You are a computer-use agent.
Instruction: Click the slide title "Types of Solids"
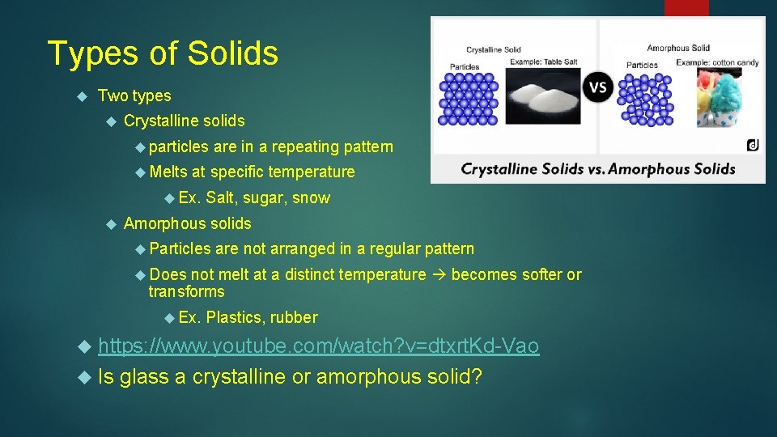coord(163,53)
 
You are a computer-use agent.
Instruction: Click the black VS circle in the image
coord(599,87)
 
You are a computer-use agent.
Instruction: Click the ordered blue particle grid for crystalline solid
coord(468,98)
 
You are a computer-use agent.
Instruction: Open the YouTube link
coord(318,346)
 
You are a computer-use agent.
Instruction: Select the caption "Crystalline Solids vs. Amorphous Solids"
coord(597,168)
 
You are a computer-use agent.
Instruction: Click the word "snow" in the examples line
coord(311,197)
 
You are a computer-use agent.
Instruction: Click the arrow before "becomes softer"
coord(438,274)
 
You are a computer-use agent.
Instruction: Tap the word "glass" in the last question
coord(143,376)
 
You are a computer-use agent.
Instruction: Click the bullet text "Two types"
coord(134,95)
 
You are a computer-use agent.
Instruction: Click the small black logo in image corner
coord(753,145)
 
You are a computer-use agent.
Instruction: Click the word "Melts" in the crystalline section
coord(168,172)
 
